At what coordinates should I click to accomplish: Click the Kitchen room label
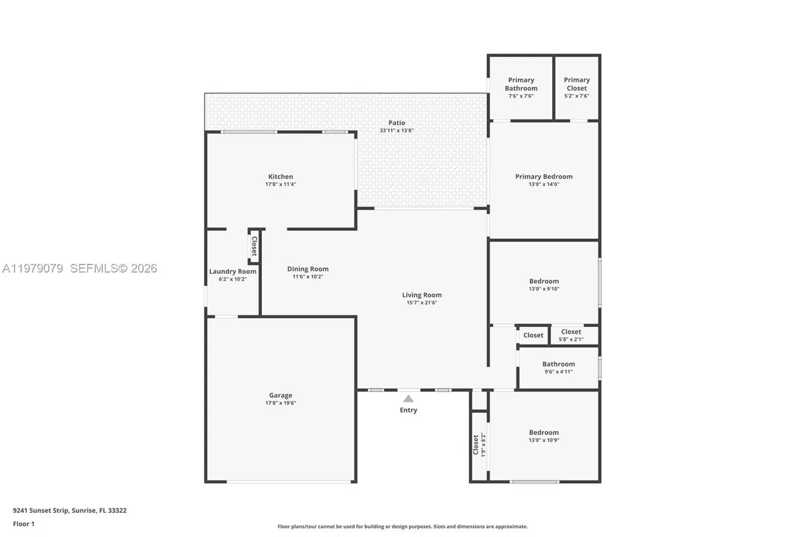(x=281, y=177)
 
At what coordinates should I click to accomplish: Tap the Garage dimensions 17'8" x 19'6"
(x=281, y=403)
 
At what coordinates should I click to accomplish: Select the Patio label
(x=396, y=123)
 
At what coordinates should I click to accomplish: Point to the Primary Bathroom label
(x=521, y=84)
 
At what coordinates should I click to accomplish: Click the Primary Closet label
(x=576, y=84)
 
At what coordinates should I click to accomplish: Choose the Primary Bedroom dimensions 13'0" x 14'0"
(x=543, y=184)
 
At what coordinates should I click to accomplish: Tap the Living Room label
(x=422, y=295)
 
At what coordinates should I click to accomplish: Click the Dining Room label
(x=308, y=268)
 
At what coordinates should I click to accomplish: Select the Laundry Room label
(x=232, y=271)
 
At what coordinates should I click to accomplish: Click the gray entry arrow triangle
(x=408, y=399)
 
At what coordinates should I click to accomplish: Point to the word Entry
(x=408, y=410)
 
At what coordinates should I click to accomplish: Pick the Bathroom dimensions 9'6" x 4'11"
(x=558, y=371)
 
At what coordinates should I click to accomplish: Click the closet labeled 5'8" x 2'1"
(x=571, y=335)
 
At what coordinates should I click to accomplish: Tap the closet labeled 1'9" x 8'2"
(x=478, y=444)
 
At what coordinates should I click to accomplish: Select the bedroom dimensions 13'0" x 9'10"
(x=543, y=289)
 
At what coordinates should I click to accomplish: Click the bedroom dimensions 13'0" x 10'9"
(x=543, y=440)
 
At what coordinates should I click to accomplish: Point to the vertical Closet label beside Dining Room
(x=254, y=246)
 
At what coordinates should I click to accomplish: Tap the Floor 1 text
(x=24, y=524)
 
